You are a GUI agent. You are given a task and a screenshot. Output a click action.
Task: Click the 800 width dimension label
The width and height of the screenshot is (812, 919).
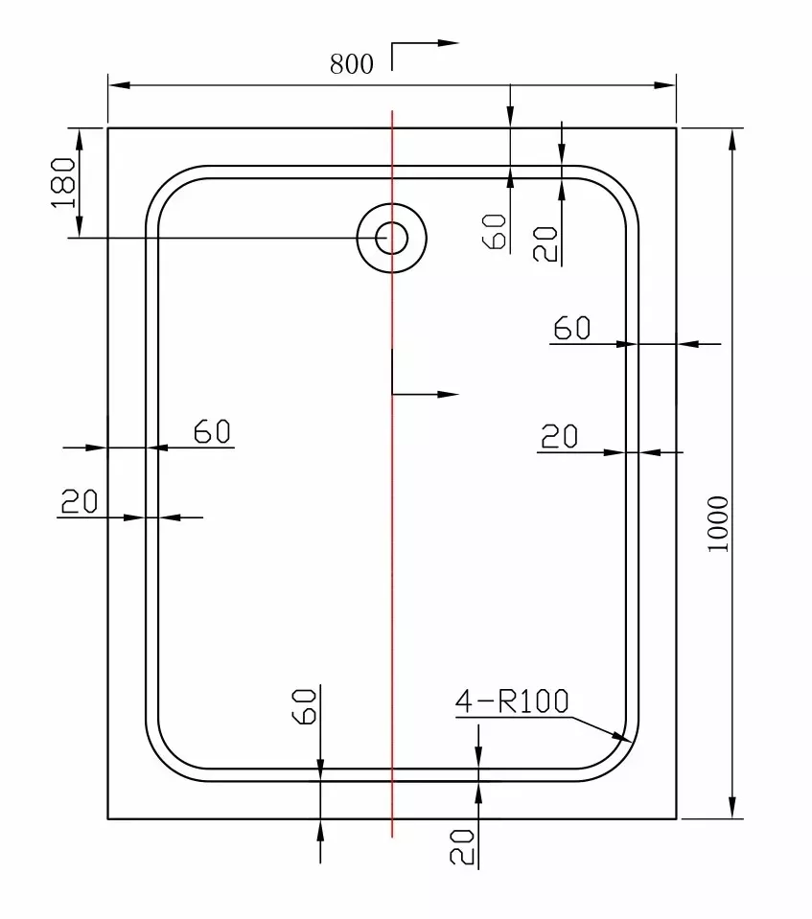tap(351, 64)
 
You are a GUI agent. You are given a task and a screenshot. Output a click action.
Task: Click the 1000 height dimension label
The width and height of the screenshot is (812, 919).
tap(718, 523)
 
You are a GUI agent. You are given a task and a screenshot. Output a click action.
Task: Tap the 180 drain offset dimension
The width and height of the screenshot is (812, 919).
tap(64, 182)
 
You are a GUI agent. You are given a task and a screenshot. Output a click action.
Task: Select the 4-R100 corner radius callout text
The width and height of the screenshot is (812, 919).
tap(512, 701)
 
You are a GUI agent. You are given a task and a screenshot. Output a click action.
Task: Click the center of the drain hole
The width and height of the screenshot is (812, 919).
tap(392, 238)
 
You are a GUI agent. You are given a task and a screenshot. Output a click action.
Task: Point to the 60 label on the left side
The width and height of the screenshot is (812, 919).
tap(212, 431)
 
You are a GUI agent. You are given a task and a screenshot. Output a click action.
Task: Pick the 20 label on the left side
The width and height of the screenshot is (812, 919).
tap(80, 502)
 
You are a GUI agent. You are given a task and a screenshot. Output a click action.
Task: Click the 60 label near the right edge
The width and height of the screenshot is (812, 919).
tap(572, 328)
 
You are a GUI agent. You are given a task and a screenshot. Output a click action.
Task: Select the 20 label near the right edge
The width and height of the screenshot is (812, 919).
tap(559, 437)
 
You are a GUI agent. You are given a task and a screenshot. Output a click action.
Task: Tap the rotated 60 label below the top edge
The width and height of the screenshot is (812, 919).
tap(495, 232)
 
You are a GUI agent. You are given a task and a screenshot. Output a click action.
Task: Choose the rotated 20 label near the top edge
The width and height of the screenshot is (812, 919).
tap(545, 243)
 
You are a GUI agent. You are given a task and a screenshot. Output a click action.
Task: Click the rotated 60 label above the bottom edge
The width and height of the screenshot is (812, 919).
tap(304, 706)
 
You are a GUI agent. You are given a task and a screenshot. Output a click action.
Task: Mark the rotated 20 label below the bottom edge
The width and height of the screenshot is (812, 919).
tap(462, 847)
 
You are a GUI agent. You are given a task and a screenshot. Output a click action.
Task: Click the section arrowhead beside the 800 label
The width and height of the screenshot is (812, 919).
tap(448, 43)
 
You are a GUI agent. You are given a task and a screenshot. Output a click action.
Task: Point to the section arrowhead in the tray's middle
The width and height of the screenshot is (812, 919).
tap(448, 395)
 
